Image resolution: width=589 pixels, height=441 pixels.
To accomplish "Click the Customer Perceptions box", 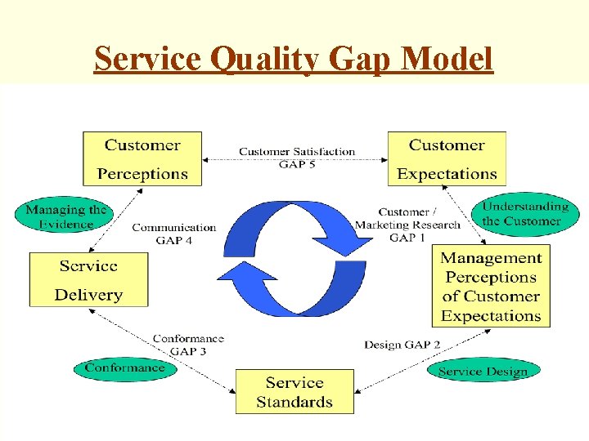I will point(142,159).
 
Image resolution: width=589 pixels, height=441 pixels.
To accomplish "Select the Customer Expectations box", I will point(447,159).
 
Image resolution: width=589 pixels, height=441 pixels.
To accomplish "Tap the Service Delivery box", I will point(88,280).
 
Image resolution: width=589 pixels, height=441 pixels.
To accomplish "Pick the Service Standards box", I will point(294,392).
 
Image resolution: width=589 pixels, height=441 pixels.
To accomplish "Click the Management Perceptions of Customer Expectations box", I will point(491,287).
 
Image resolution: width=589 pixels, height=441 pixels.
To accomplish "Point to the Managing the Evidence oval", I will point(66,216).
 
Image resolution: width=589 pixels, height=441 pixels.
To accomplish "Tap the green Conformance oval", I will point(124,368).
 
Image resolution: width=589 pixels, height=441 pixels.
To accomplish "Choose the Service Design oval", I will point(483,371).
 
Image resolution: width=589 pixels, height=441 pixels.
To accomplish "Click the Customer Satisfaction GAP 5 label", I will point(297,158).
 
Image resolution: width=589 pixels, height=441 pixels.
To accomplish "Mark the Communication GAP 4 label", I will point(174,234).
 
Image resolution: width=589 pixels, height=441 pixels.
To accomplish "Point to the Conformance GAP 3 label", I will point(188,345).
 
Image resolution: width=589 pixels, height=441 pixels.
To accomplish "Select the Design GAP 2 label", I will point(402,345).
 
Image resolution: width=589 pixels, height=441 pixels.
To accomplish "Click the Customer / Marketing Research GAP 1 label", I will point(407,225).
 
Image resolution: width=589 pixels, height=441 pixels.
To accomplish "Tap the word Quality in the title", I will point(256,60).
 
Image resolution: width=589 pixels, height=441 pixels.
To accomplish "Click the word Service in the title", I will point(148,60).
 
